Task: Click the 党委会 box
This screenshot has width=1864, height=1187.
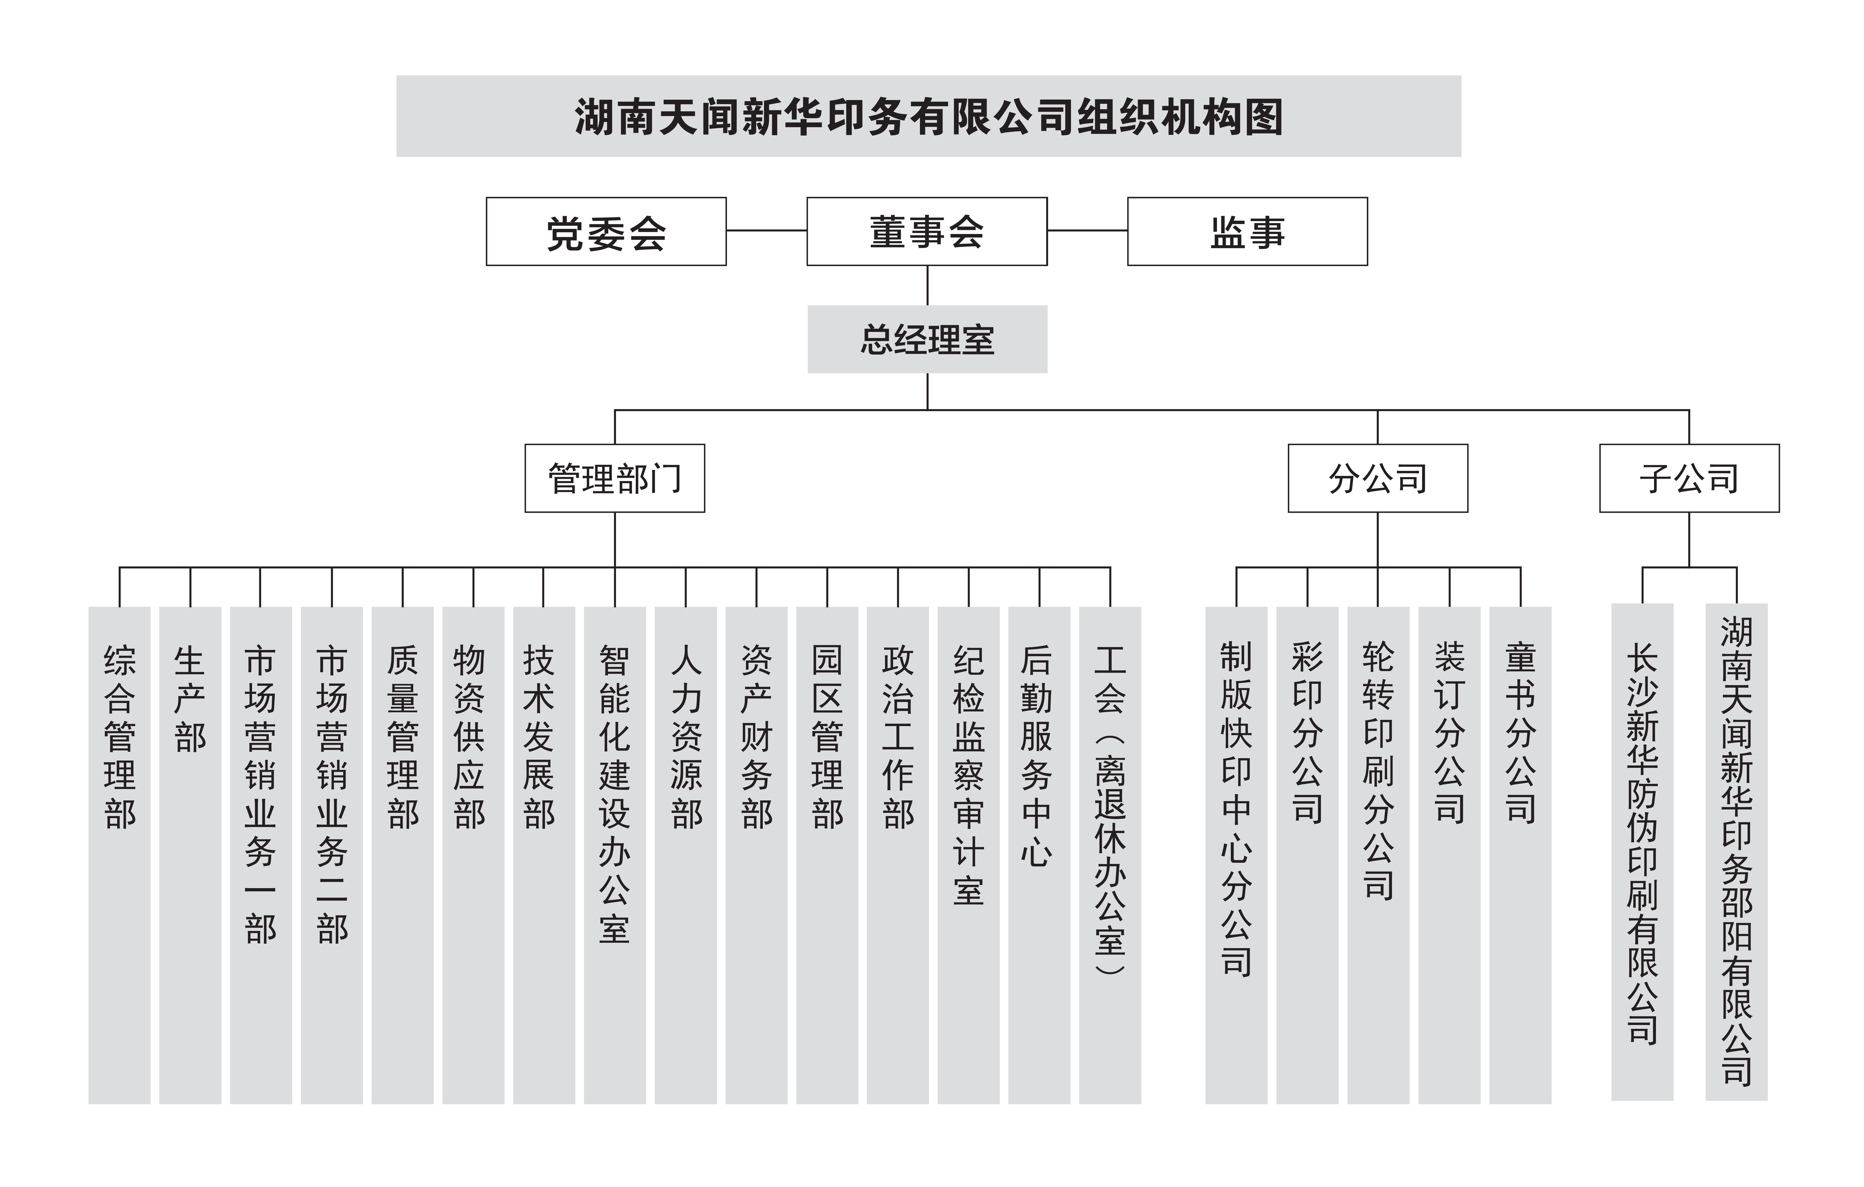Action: coord(606,232)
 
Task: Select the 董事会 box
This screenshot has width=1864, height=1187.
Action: coord(927,232)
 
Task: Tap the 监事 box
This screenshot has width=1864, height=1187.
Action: coord(1247,232)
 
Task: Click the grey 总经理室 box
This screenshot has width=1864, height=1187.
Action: coord(927,339)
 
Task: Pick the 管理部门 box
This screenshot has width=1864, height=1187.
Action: coord(615,478)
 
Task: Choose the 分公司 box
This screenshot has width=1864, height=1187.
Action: coord(1378,478)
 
